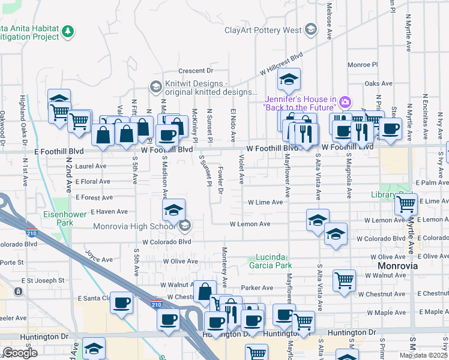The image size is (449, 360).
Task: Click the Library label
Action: coord(382,195)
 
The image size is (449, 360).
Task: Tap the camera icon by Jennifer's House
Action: coord(345,103)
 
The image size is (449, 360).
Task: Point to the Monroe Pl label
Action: coord(363,64)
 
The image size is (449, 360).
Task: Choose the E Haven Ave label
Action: coord(109,212)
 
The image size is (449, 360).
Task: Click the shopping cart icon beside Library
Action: coord(406,204)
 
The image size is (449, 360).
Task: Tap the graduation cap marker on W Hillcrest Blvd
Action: coord(289,80)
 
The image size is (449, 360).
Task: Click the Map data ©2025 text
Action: coord(423,355)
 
